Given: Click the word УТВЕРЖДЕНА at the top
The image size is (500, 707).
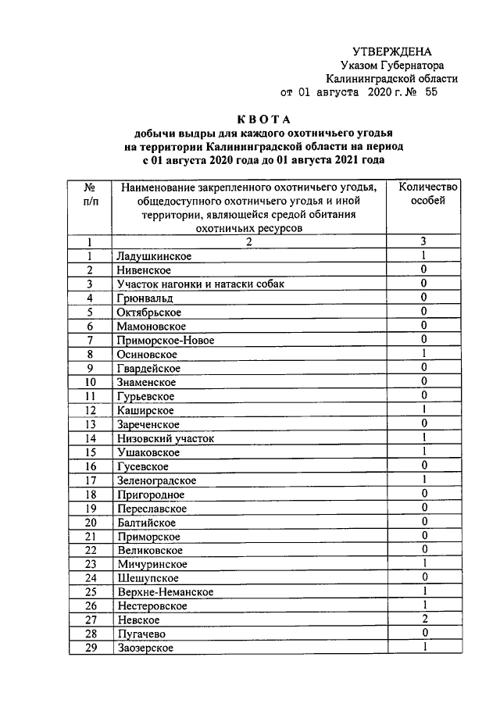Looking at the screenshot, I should [402, 51].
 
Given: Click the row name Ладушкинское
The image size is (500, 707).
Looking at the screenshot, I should [153, 255].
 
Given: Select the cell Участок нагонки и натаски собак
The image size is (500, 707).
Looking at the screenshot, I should [199, 284].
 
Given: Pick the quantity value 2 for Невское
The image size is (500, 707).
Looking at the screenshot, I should [423, 620].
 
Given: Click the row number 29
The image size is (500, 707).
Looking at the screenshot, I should [91, 648].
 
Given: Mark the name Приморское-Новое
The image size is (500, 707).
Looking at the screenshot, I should [164, 340].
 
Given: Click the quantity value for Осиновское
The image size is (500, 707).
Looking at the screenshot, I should [423, 354].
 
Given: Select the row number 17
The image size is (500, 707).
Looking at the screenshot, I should [91, 480].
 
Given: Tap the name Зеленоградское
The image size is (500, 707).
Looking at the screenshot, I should [155, 480].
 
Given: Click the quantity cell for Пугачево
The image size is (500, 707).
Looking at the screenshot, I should [423, 634].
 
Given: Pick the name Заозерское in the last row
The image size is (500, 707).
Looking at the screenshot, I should [145, 648].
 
